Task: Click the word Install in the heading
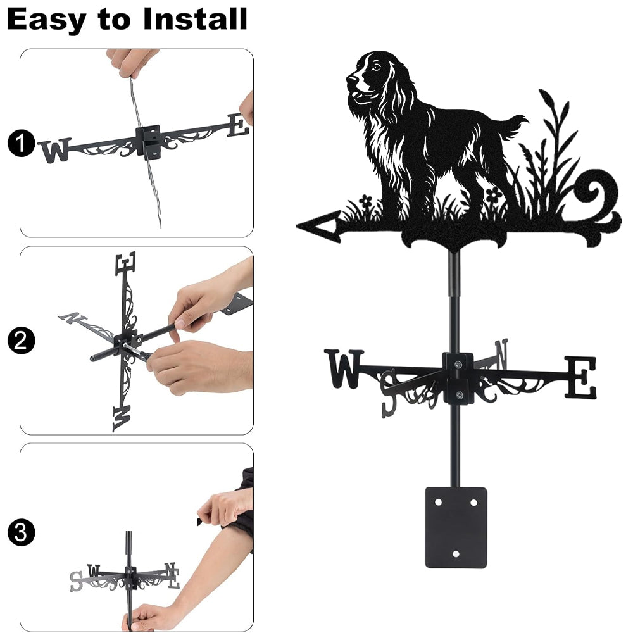[195, 19]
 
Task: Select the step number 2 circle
[21, 341]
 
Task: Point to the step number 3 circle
[21, 532]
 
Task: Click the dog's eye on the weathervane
[376, 68]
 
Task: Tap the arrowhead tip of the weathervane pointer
[298, 226]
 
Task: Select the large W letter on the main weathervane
[344, 368]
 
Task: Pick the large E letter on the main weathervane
[580, 377]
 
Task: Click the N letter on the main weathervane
[501, 354]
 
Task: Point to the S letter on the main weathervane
[389, 394]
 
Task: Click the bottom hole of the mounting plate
[456, 553]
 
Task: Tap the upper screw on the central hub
[458, 365]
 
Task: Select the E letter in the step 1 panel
[238, 125]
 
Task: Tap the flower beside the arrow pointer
[365, 201]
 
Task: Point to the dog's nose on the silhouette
[349, 77]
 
